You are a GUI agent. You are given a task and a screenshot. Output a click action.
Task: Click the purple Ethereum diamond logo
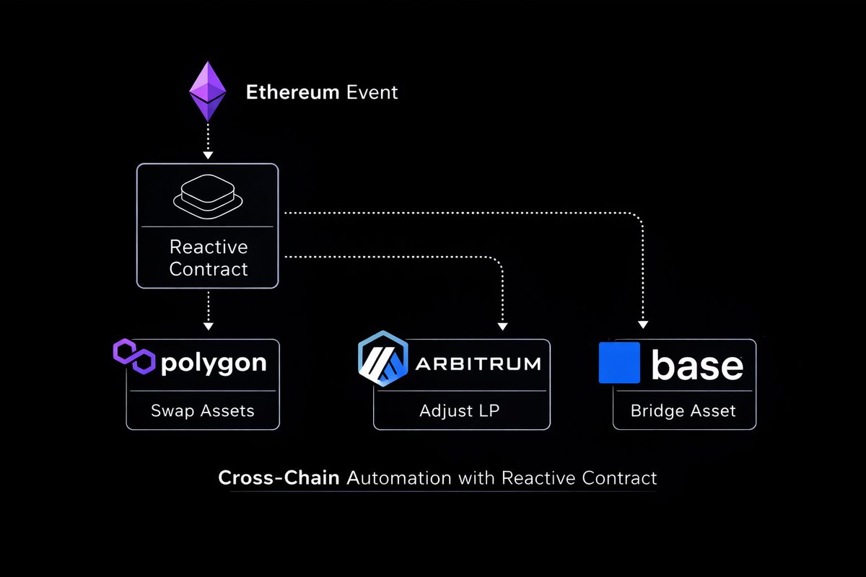click(207, 91)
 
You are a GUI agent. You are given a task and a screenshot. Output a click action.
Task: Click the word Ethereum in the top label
click(293, 92)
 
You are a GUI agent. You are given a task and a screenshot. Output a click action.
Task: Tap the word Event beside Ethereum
click(372, 92)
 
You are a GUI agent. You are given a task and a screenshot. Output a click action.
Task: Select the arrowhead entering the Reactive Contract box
click(208, 155)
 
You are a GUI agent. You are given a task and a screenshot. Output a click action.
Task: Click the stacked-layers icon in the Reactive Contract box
click(208, 196)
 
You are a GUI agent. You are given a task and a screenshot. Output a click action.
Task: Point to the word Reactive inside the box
click(209, 247)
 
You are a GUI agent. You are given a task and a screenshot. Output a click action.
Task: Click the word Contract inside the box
click(209, 269)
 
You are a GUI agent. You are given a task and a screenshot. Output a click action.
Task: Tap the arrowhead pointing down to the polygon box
click(208, 326)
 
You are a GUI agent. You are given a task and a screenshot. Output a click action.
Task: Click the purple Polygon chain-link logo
click(134, 356)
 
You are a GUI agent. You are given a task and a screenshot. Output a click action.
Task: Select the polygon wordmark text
click(213, 363)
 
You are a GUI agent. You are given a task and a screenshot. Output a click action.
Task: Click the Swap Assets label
click(203, 411)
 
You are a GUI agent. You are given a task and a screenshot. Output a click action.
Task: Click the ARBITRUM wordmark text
click(478, 364)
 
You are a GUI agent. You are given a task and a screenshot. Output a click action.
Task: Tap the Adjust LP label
click(460, 411)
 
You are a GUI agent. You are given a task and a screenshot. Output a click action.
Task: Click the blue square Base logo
click(619, 363)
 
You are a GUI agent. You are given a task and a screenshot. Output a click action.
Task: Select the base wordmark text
click(696, 366)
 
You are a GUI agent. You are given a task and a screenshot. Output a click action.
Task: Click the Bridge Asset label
click(683, 411)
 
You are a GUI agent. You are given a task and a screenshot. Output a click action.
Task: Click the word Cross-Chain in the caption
click(279, 477)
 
